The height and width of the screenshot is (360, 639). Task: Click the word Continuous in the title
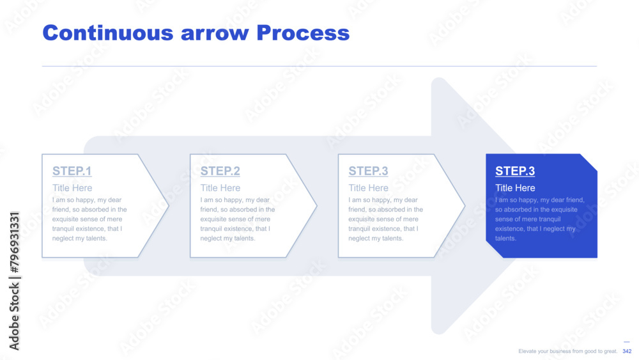(x=108, y=33)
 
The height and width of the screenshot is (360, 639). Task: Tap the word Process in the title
(x=303, y=33)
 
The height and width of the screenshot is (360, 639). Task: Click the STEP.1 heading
(x=72, y=171)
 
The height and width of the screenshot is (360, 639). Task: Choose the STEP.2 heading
(x=220, y=171)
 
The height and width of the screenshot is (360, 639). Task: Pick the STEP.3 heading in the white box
(x=368, y=171)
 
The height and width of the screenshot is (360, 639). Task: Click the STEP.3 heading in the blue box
(x=514, y=171)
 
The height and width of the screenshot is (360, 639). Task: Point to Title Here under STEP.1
(x=72, y=188)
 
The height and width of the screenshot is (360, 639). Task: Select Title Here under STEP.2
(x=220, y=188)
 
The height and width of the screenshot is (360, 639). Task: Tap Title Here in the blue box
(x=515, y=188)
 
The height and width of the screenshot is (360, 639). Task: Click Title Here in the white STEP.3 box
(x=369, y=188)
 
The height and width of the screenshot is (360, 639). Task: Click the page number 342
(x=627, y=351)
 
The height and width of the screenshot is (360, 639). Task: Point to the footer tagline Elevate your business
(x=567, y=351)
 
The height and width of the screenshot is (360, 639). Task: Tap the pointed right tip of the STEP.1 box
(x=169, y=206)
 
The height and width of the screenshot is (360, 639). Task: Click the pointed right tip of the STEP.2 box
(x=317, y=206)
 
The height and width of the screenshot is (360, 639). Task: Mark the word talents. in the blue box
(x=505, y=239)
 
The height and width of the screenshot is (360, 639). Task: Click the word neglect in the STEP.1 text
(x=62, y=239)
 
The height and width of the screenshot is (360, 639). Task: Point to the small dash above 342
(x=627, y=342)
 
